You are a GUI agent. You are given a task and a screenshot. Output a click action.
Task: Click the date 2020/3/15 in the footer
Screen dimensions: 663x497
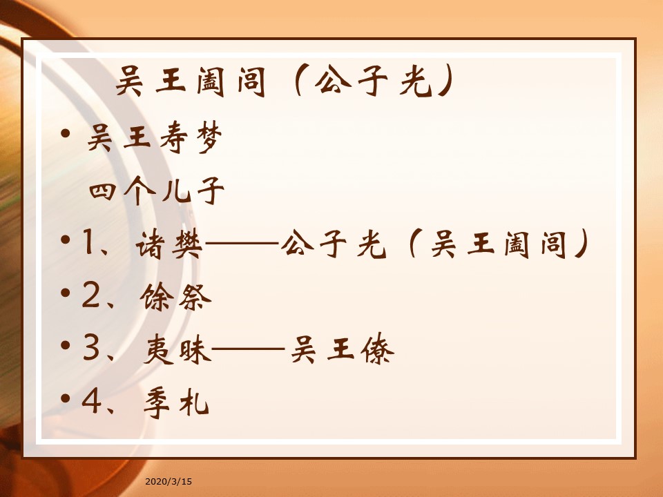click(169, 481)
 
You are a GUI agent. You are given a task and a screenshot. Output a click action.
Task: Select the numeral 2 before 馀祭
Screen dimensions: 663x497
click(91, 295)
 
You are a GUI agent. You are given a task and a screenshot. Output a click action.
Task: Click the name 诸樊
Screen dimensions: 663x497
click(169, 244)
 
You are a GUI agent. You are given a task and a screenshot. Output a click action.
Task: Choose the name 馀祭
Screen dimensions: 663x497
click(175, 297)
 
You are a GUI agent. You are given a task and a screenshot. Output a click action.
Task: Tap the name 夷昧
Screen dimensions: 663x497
click(177, 349)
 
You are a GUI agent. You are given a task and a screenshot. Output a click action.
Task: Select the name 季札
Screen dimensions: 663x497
click(176, 402)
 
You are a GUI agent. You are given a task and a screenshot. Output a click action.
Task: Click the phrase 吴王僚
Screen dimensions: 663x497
click(343, 349)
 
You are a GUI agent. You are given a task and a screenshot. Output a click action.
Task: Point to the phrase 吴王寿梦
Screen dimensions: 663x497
click(154, 137)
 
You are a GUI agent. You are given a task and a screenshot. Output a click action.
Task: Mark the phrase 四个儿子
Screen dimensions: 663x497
click(157, 191)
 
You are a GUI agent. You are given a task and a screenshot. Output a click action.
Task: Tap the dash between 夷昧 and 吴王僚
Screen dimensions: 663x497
click(248, 349)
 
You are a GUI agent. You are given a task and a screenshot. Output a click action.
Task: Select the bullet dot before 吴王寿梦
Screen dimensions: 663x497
click(65, 133)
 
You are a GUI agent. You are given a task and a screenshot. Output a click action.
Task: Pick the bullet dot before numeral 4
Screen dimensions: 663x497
click(65, 398)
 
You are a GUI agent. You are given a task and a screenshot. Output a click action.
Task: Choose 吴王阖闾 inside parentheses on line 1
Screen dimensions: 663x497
click(499, 244)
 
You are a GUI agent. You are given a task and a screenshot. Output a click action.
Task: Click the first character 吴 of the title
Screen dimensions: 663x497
click(129, 81)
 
